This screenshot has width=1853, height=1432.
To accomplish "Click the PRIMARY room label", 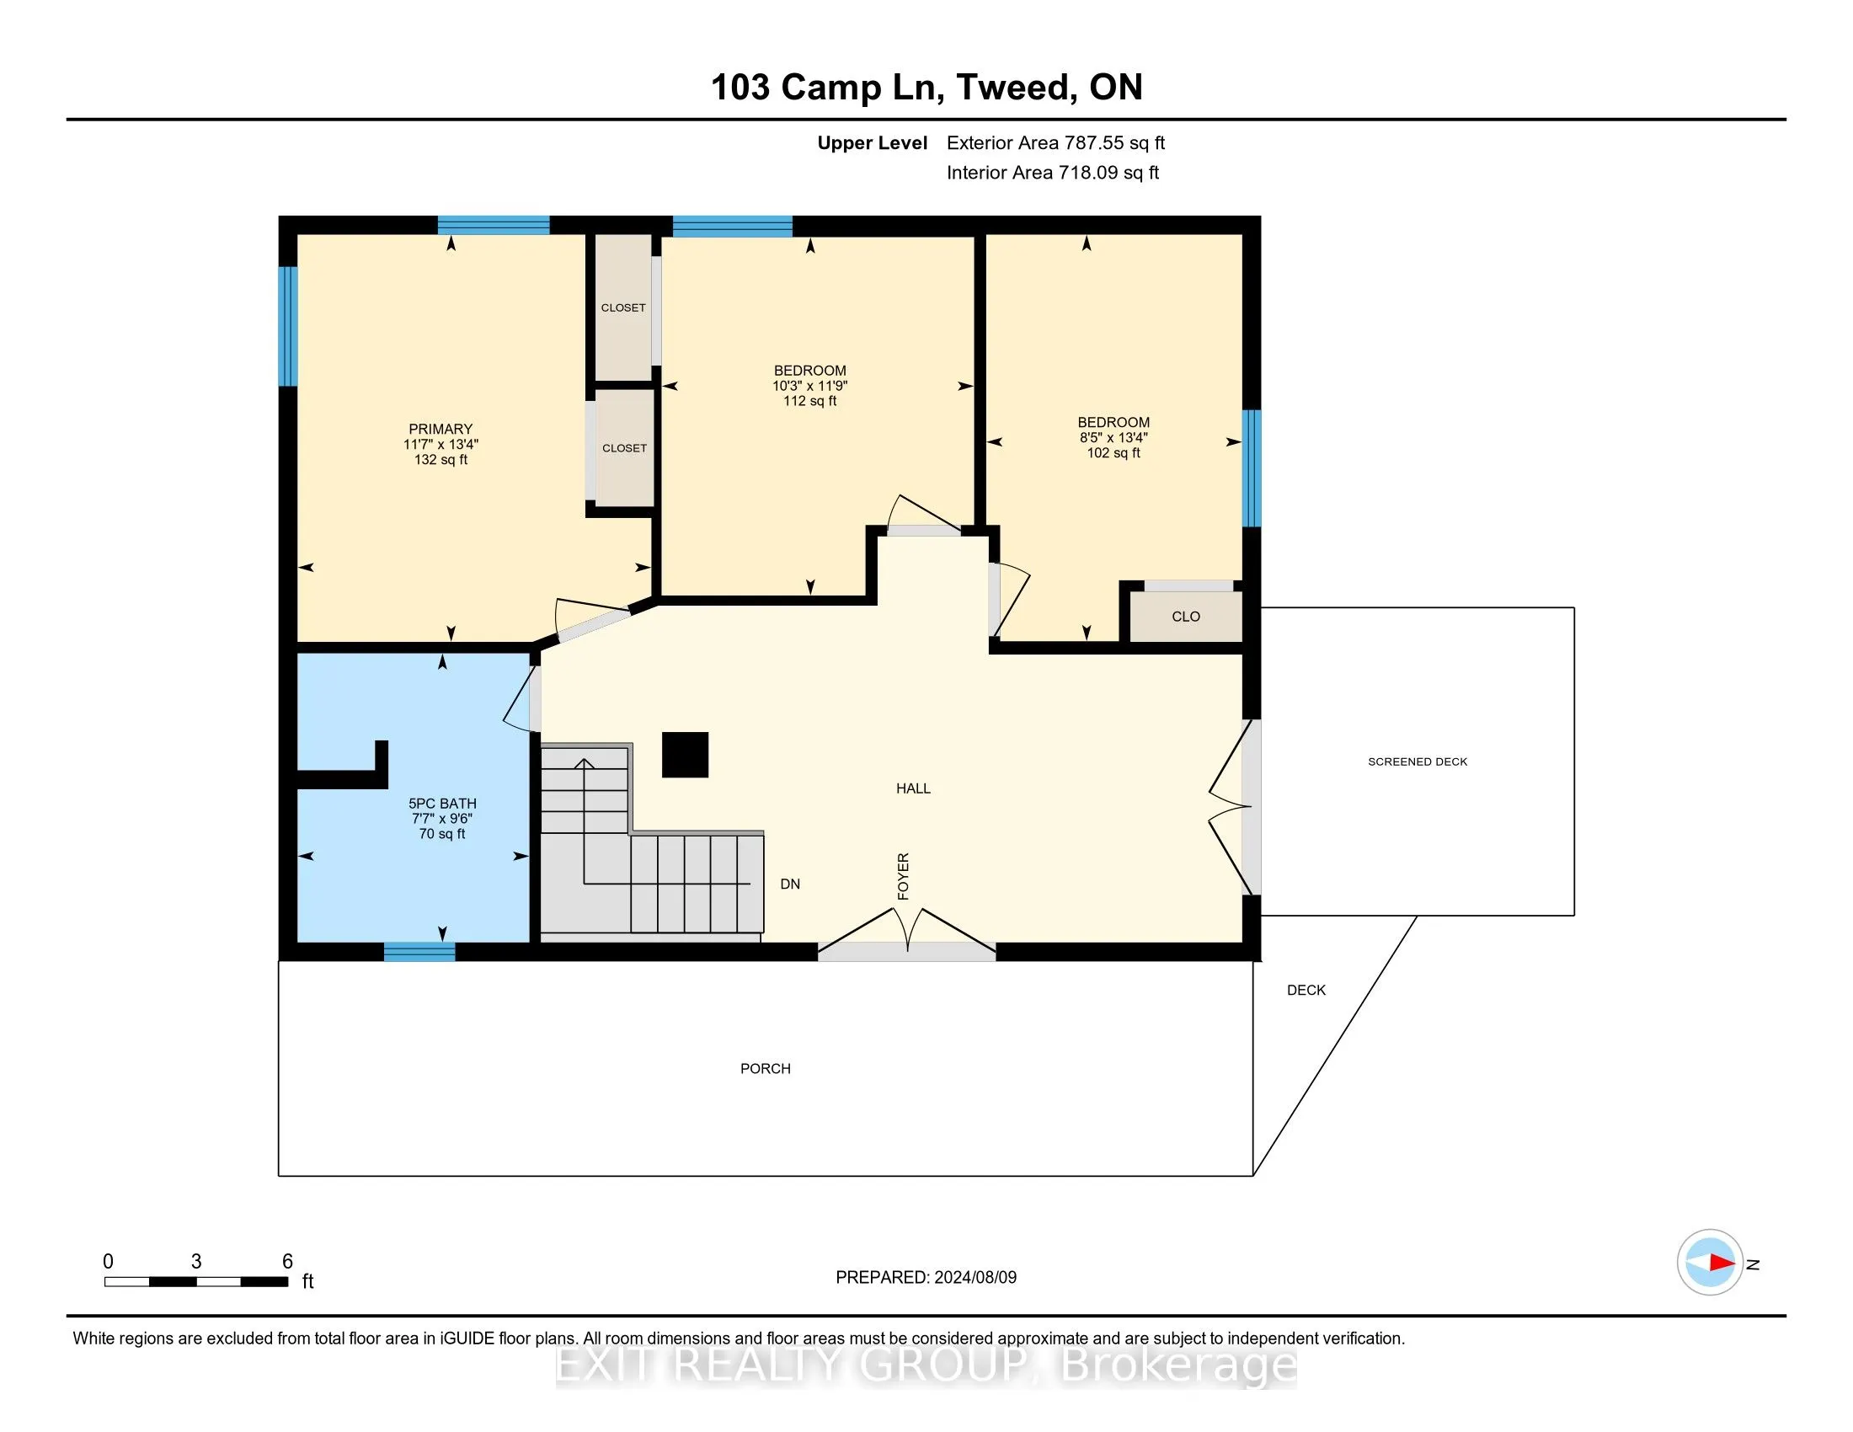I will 440,430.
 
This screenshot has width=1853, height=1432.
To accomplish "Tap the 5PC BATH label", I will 442,804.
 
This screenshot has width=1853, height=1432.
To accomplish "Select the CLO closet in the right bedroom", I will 1185,617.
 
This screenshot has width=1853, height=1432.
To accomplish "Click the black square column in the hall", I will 685,754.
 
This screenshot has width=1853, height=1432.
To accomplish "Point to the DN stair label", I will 790,884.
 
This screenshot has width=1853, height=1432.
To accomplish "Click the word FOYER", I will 904,876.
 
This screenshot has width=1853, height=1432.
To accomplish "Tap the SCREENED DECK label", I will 1417,761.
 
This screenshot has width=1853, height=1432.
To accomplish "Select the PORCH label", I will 766,1069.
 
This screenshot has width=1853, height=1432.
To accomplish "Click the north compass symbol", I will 1710,1263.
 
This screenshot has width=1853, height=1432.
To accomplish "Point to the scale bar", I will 196,1282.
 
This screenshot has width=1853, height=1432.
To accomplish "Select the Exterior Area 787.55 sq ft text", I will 1055,143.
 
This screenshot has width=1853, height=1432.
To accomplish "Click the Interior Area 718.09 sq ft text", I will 1052,173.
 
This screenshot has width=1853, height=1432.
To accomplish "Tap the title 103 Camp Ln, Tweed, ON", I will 926,88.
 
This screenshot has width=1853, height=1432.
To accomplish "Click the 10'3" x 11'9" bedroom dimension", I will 809,386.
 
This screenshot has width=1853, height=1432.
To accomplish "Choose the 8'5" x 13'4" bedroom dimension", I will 1113,438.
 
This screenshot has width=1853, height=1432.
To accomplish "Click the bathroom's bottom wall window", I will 419,952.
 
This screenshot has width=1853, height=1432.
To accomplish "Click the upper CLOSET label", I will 622,308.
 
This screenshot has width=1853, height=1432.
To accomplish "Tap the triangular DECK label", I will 1306,990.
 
